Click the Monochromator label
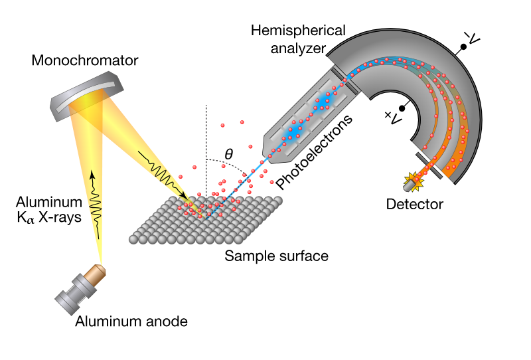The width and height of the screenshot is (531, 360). [84, 61]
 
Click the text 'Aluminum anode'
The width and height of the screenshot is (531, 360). [131, 322]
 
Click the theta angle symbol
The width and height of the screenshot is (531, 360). [229, 154]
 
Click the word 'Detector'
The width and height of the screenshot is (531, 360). [414, 205]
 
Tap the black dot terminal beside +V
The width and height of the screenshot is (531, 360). [402, 108]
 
